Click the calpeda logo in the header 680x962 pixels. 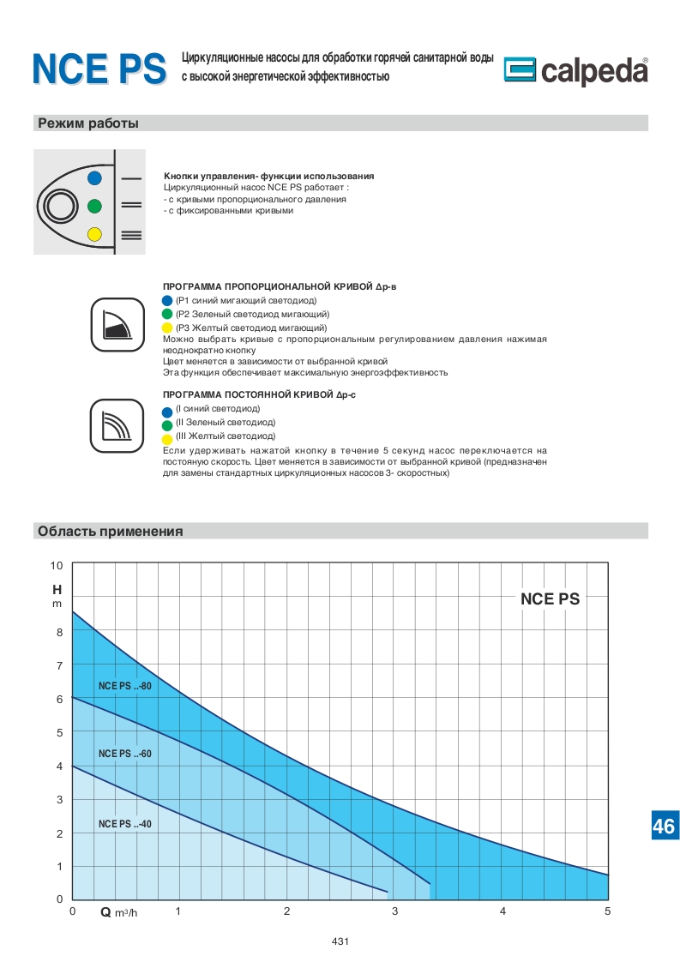(x=575, y=71)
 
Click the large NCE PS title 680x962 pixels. (x=99, y=69)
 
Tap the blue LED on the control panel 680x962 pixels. (x=94, y=177)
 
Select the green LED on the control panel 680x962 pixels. (x=94, y=206)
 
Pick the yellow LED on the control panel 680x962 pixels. (x=94, y=234)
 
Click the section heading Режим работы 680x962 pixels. (x=87, y=123)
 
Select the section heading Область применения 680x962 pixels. (x=110, y=532)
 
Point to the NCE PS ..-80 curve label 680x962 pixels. (x=124, y=686)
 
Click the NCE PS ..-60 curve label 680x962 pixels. (x=124, y=754)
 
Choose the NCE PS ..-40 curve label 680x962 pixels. (x=124, y=824)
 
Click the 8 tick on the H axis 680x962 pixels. (x=59, y=633)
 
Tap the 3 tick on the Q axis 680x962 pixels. (x=394, y=911)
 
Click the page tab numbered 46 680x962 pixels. (x=664, y=827)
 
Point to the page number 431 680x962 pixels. (x=340, y=941)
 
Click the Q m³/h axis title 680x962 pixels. (x=118, y=912)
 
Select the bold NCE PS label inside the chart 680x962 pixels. (x=550, y=599)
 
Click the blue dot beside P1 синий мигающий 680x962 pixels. (x=167, y=301)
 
